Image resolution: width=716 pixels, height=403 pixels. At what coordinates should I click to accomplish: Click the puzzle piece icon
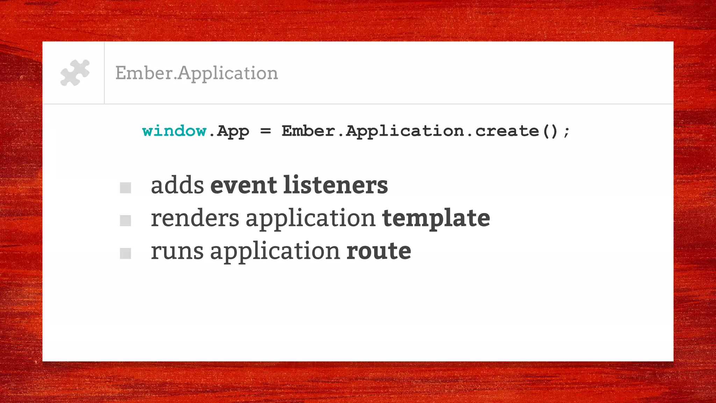tap(75, 73)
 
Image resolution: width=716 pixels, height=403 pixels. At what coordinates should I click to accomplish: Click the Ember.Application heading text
tap(196, 73)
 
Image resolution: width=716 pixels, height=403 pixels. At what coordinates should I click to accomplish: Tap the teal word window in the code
tap(174, 131)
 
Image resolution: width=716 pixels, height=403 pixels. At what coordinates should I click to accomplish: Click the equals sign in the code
tap(265, 131)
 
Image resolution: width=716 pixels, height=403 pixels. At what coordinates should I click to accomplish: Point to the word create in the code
tap(507, 131)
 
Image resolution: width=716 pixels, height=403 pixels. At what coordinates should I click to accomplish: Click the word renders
tap(195, 218)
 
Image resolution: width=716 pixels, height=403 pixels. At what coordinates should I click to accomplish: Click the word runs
tap(177, 251)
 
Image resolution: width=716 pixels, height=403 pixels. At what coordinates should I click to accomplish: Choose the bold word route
tap(379, 251)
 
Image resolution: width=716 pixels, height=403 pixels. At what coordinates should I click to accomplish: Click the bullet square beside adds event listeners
tap(125, 188)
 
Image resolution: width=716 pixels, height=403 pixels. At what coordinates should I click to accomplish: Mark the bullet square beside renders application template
tap(125, 221)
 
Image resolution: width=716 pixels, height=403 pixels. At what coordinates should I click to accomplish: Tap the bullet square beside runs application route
tap(125, 253)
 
